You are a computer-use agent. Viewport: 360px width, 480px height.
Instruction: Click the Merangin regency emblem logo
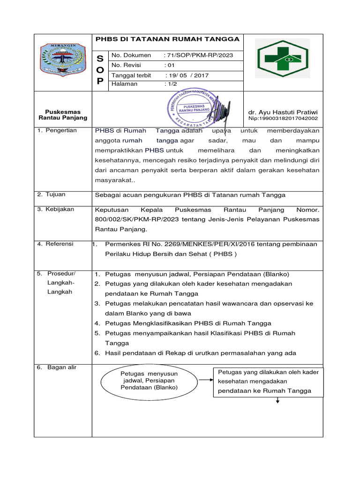tap(62, 60)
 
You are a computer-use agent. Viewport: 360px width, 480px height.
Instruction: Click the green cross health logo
tap(283, 59)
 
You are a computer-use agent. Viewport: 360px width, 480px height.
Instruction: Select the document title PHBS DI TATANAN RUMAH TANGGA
tap(167, 39)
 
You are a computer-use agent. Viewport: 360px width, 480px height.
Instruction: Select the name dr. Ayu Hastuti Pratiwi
tap(283, 112)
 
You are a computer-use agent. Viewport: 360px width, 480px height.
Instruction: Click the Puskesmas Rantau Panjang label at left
tap(62, 115)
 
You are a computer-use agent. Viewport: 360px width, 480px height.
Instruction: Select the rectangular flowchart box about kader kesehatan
tap(268, 382)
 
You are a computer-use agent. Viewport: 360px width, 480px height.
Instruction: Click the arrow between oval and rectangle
tap(205, 379)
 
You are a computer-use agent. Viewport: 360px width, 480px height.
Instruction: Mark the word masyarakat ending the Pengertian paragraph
tap(113, 180)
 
